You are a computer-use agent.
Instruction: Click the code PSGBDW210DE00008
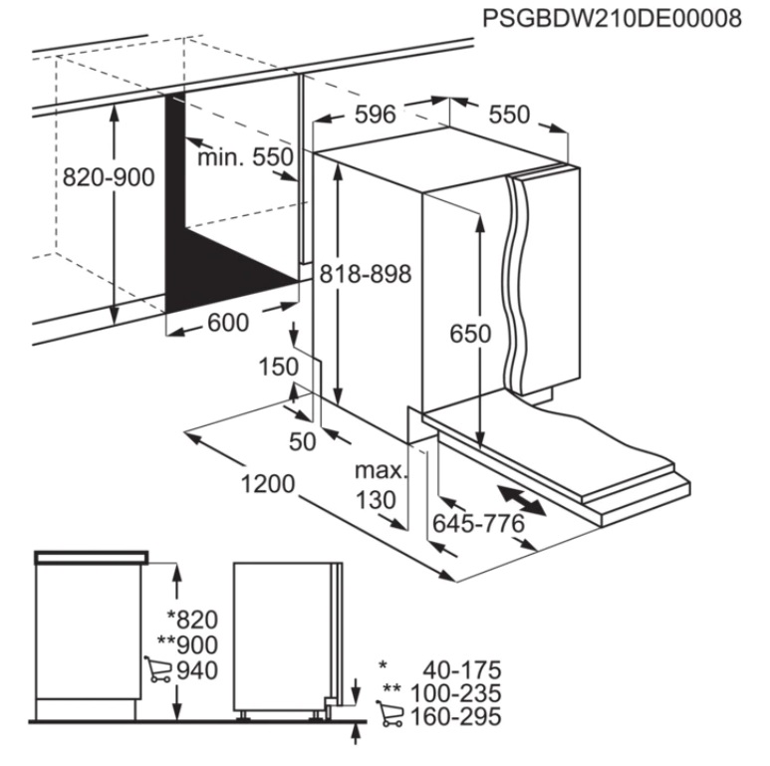[x=612, y=19]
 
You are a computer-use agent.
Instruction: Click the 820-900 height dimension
[x=109, y=177]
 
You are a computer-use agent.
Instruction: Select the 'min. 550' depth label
[x=245, y=157]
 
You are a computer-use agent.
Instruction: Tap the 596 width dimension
[x=376, y=115]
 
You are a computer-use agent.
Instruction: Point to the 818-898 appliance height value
[x=366, y=274]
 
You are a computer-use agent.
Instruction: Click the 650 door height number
[x=470, y=334]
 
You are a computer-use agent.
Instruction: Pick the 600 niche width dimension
[x=228, y=323]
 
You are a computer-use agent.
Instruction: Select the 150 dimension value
[x=278, y=367]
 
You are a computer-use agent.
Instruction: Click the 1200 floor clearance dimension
[x=268, y=484]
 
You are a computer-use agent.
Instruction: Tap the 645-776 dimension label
[x=479, y=524]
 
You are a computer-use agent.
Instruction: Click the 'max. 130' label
[x=382, y=486]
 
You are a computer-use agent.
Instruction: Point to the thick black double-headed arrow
[x=522, y=501]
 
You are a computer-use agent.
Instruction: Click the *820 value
[x=192, y=620]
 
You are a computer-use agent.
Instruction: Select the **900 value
[x=187, y=644]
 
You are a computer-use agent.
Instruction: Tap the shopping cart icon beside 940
[x=157, y=669]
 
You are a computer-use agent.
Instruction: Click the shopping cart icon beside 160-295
[x=389, y=713]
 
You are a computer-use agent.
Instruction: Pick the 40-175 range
[x=462, y=670]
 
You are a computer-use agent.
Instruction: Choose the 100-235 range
[x=455, y=693]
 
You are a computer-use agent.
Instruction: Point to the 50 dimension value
[x=303, y=442]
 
